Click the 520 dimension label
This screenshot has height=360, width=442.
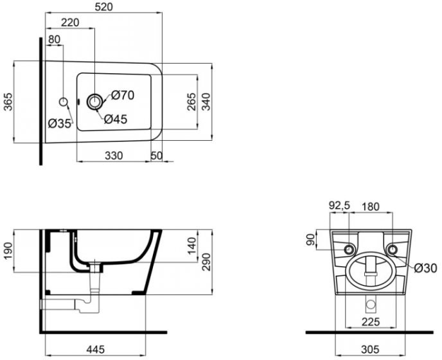tap(103, 7)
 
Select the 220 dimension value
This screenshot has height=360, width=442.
tap(70, 22)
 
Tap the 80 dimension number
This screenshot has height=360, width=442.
tap(55, 39)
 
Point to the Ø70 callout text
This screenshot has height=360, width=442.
tap(123, 95)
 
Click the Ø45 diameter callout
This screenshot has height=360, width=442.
tap(116, 120)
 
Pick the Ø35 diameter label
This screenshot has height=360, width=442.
tap(60, 123)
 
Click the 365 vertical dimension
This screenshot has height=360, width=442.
tap(8, 102)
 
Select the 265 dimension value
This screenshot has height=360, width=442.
tap(191, 102)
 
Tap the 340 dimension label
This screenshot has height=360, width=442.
tap(207, 102)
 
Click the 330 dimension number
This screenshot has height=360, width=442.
tap(114, 156)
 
